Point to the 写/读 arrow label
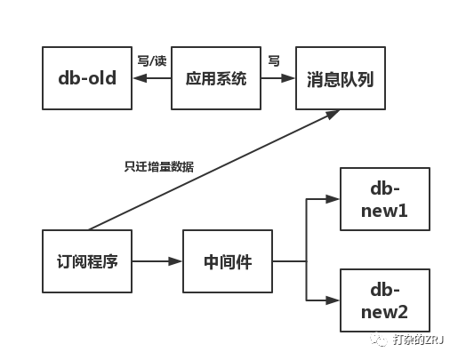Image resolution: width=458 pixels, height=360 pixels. [152, 61]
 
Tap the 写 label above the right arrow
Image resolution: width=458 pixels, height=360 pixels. [274, 60]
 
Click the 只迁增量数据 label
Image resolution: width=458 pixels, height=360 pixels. [159, 167]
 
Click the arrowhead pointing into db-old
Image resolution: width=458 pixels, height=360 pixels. [140, 78]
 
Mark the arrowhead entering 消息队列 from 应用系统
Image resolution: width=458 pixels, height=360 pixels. [288, 78]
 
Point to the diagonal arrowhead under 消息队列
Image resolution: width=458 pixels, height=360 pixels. [333, 115]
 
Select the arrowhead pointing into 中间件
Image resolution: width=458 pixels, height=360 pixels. [175, 261]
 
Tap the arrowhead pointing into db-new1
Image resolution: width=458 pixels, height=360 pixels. [333, 199]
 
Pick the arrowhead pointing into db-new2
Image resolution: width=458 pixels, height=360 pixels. [333, 300]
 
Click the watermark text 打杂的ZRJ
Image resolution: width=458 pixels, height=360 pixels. [418, 340]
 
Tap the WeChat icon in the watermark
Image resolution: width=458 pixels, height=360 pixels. [379, 339]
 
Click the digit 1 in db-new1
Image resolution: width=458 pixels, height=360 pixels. [403, 211]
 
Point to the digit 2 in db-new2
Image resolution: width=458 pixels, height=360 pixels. [403, 312]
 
